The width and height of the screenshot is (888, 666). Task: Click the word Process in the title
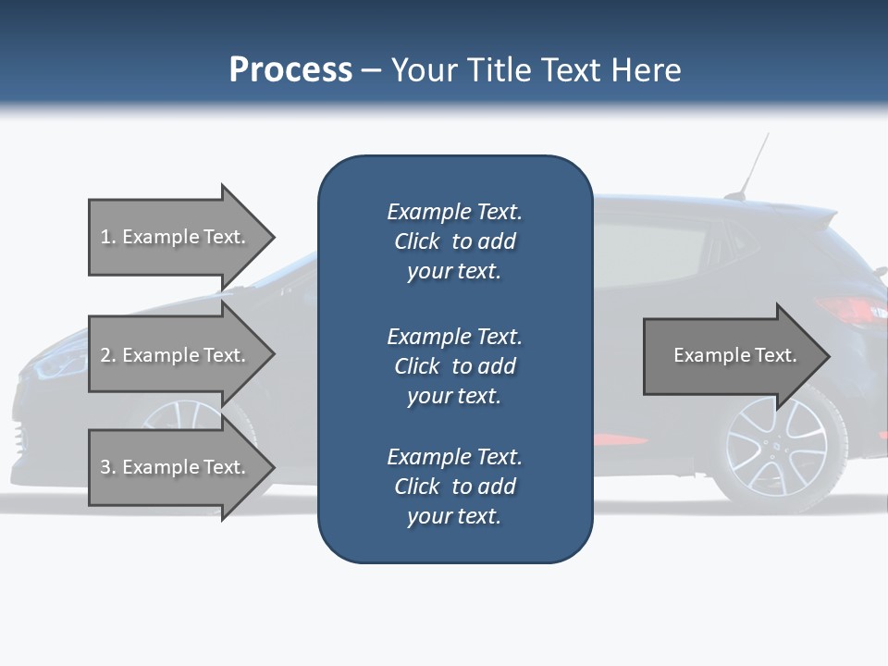click(x=290, y=70)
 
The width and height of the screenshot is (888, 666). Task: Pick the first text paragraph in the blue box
click(x=454, y=241)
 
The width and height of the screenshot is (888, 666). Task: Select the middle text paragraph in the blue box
click(x=454, y=366)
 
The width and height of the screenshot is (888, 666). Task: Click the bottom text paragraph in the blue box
click(x=454, y=487)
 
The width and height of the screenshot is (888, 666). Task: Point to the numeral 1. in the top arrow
click(x=108, y=237)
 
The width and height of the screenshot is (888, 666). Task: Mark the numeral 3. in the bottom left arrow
click(x=108, y=467)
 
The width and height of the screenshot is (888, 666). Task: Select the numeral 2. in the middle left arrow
click(x=108, y=355)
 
